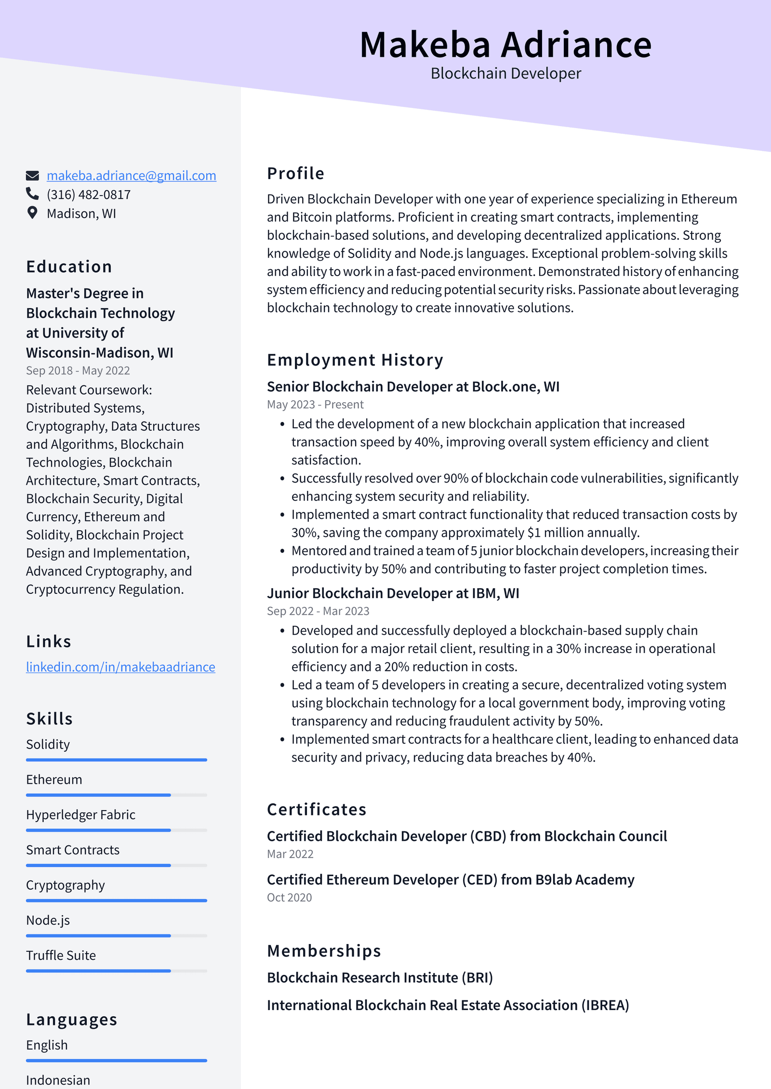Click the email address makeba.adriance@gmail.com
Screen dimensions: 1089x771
click(x=131, y=176)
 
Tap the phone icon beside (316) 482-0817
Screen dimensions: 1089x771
click(x=32, y=194)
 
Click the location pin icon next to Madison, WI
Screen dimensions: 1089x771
click(x=32, y=213)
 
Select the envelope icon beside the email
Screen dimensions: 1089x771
click(x=32, y=175)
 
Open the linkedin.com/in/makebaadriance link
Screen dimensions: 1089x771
click(x=120, y=667)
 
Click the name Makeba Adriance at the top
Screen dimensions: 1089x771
click(x=505, y=45)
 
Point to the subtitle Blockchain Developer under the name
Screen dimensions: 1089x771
click(x=505, y=74)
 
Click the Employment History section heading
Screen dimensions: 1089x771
click(x=355, y=360)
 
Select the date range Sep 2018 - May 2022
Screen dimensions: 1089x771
click(x=78, y=371)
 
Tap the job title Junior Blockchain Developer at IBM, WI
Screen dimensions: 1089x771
click(x=393, y=593)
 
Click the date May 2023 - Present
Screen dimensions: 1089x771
click(x=315, y=405)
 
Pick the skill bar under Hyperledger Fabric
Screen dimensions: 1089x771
click(x=116, y=830)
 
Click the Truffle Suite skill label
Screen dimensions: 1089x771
click(x=61, y=956)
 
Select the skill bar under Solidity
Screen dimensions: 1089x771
click(x=116, y=760)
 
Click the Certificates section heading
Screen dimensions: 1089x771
click(x=317, y=810)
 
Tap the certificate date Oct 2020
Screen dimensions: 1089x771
click(x=289, y=898)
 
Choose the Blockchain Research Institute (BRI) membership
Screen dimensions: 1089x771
click(x=380, y=978)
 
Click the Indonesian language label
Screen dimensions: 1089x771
click(x=58, y=1080)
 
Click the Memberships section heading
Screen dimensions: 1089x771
click(x=324, y=951)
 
